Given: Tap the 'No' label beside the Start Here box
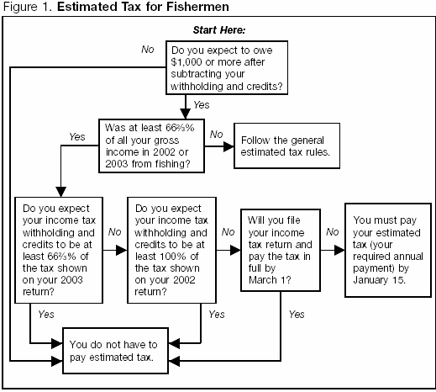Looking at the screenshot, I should pos(147,50).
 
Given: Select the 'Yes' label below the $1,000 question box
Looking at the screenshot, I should pos(202,105).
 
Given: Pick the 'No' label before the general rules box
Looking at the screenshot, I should pos(215,134).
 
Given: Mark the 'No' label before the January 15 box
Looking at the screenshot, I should pos(332,230).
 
